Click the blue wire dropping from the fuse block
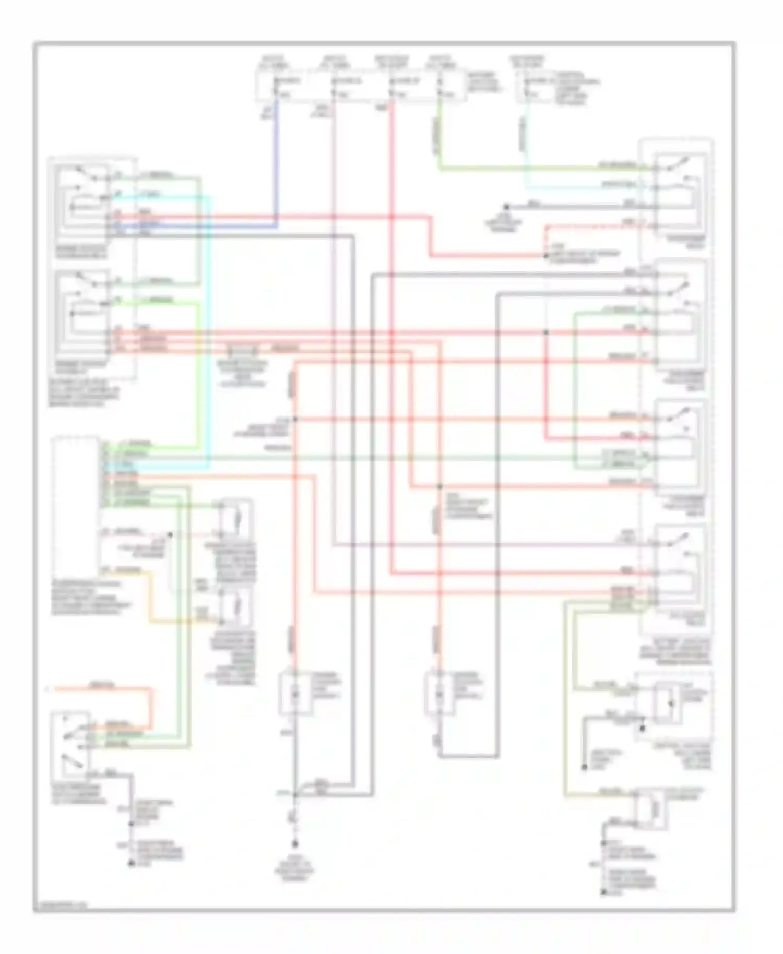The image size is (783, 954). point(276,157)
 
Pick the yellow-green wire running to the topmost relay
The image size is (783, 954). point(522,169)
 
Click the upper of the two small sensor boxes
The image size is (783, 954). point(236,519)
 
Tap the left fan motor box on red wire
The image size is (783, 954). point(295,694)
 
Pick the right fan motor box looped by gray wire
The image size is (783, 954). point(440,694)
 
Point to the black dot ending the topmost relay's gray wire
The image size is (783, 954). point(505,207)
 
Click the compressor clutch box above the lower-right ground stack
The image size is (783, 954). point(650,808)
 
